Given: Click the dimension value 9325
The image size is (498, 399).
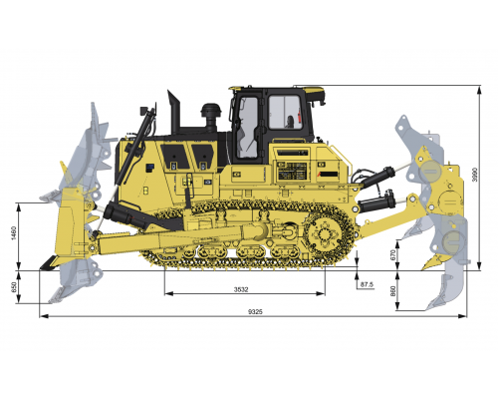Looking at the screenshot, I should (x=256, y=312).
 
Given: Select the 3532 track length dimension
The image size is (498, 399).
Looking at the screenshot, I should (x=234, y=289).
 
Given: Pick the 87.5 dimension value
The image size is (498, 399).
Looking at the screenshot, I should (x=366, y=285).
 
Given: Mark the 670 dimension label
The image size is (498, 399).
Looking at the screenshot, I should (x=394, y=254).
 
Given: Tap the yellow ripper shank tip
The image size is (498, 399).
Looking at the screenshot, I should (x=434, y=263).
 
